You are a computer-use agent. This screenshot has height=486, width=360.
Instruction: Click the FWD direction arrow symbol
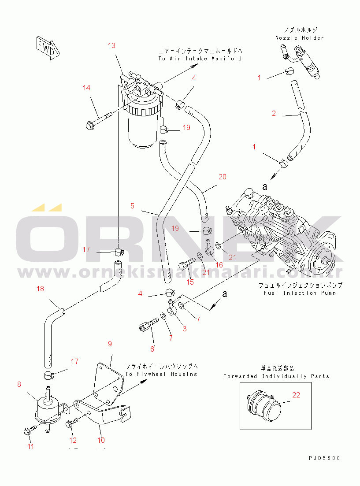[46, 47]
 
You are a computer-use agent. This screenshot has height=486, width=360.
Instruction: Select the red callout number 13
[111, 45]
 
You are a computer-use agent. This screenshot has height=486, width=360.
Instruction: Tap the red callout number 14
[87, 88]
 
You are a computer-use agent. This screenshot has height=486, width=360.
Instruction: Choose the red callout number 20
[223, 177]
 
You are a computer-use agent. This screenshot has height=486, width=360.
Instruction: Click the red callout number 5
[132, 206]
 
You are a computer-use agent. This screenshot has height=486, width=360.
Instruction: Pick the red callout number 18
[41, 289]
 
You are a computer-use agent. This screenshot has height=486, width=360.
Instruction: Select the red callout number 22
[296, 395]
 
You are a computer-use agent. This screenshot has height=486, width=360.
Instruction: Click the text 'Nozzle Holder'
[300, 38]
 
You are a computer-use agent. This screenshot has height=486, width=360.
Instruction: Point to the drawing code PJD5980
[325, 458]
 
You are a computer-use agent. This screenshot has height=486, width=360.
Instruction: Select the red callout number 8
[19, 384]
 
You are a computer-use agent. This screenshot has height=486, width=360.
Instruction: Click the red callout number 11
[30, 446]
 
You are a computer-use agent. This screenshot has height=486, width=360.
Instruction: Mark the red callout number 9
[110, 343]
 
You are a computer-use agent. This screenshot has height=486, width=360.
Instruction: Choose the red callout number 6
[153, 349]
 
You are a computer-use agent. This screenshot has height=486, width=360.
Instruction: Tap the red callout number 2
[274, 114]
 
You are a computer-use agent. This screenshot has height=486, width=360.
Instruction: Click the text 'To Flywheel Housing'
[161, 374]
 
